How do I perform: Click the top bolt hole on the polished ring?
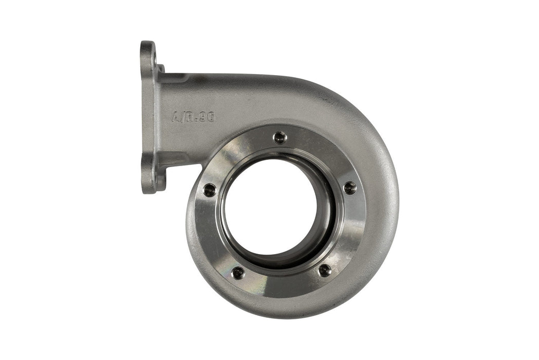(x=280, y=137)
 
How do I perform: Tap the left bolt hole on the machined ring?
(x=209, y=189)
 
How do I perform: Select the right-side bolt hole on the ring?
(x=349, y=188)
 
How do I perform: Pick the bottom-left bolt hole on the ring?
(x=238, y=273)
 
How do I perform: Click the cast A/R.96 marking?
(x=193, y=117)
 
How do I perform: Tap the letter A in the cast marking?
(x=176, y=117)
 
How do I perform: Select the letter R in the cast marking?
(x=190, y=117)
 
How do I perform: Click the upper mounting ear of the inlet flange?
(x=148, y=54)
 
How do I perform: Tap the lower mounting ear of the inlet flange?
(x=148, y=177)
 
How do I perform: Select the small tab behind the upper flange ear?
(x=161, y=68)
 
